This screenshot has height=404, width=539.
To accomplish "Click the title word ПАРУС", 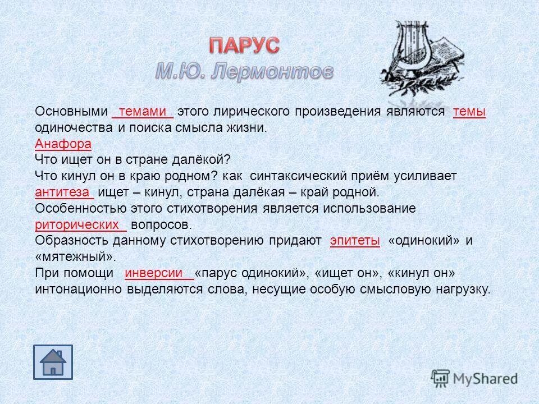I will pos(244,45).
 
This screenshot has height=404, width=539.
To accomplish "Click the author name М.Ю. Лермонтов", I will pos(244,72).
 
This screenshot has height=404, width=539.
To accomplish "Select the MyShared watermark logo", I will pos(475,378).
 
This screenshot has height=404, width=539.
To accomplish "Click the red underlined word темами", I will pos(143,112).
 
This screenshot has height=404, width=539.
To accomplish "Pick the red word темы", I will pos(469,112).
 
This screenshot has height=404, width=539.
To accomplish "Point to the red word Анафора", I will pos(63,144).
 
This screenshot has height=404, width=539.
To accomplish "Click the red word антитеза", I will pos(63,192).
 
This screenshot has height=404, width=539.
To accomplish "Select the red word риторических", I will pos(79,224).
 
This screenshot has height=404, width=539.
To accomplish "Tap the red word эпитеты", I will pos(355,241).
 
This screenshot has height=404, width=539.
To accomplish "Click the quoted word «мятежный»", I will pos(75,257).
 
